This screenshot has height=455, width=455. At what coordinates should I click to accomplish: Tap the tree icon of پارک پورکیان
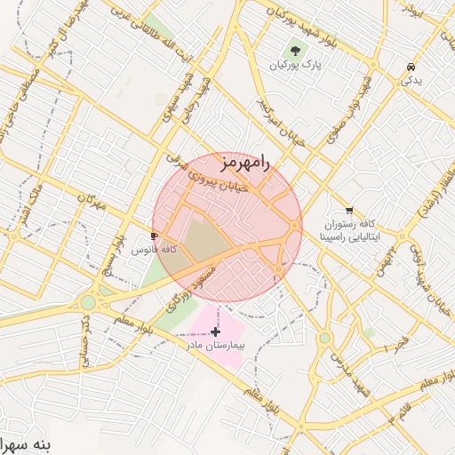point(295,50)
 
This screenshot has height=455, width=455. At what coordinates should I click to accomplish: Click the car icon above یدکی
point(410,68)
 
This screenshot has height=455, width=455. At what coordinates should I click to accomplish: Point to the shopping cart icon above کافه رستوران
point(349,212)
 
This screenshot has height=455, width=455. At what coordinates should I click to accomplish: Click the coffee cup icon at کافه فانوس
point(156,236)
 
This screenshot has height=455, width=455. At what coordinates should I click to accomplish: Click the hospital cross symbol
point(215,331)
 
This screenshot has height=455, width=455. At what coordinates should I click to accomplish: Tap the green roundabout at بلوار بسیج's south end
point(88,302)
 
